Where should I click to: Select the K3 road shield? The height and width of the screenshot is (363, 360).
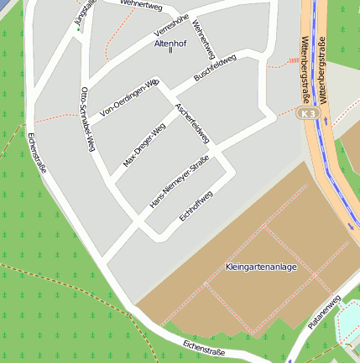[x=309, y=112]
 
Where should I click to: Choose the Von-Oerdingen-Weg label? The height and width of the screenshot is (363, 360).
[x=129, y=98]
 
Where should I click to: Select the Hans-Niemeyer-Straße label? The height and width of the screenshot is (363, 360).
[x=179, y=185]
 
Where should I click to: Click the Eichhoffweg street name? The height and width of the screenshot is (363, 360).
[x=196, y=207]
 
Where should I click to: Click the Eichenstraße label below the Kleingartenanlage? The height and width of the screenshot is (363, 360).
[x=204, y=348]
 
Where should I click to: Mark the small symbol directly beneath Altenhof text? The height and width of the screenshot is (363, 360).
[x=170, y=51]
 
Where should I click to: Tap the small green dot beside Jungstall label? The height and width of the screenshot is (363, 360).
[x=79, y=30]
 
